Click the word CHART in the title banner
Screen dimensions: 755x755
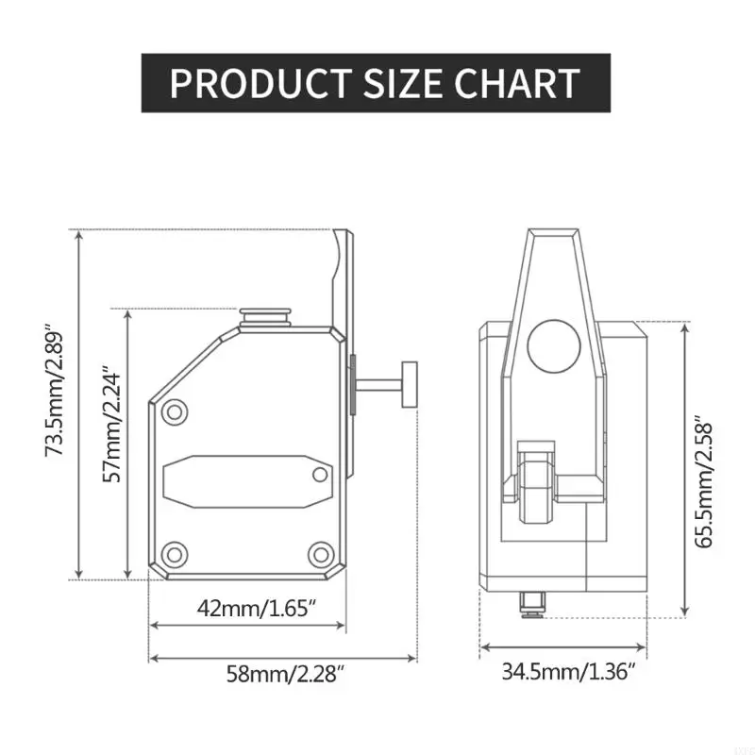[x=516, y=83]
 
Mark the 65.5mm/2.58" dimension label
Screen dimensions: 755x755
[x=700, y=481]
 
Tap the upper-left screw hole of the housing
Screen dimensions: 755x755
[x=173, y=411]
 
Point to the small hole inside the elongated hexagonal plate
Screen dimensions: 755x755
[x=320, y=474]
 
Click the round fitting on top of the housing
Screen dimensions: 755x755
[x=265, y=316]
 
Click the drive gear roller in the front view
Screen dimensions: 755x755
[x=534, y=489]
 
